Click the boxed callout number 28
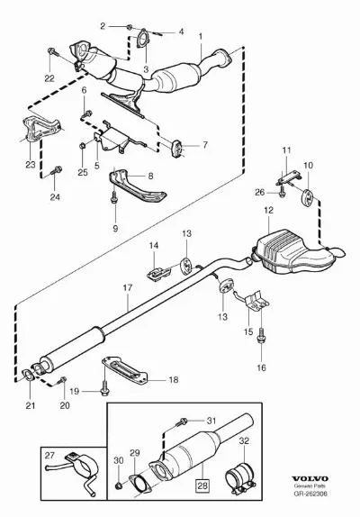pyautogui.click(x=202, y=485)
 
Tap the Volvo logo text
pyautogui.click(x=310, y=478)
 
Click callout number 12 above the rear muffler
pyautogui.click(x=269, y=210)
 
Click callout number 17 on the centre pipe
pyautogui.click(x=128, y=287)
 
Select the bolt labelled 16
pyautogui.click(x=261, y=335)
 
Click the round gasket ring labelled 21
pyautogui.click(x=28, y=376)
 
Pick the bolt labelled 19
pyautogui.click(x=104, y=389)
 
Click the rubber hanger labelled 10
pyautogui.click(x=308, y=196)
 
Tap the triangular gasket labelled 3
pyautogui.click(x=142, y=38)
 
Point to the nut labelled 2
pyautogui.click(x=130, y=26)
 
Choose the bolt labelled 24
pyautogui.click(x=57, y=170)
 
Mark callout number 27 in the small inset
pyautogui.click(x=49, y=456)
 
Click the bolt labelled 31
pyautogui.click(x=182, y=421)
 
